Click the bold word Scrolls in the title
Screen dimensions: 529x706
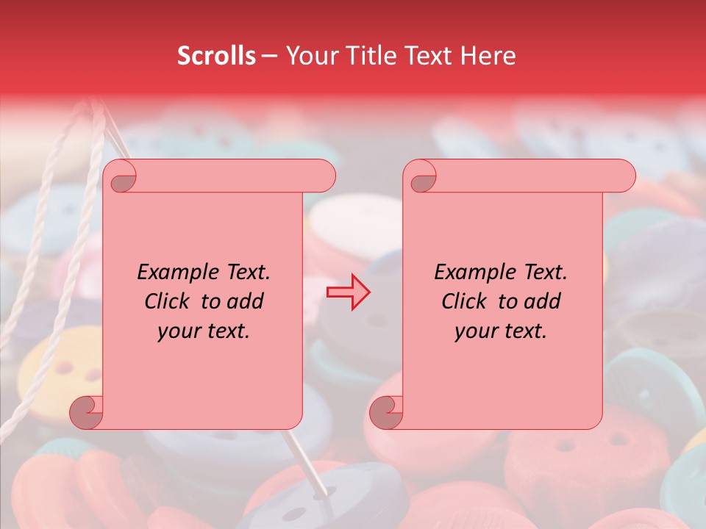[216, 56]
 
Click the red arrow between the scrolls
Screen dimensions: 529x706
[349, 292]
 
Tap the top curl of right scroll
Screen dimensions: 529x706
[421, 177]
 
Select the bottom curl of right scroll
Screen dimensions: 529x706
[388, 412]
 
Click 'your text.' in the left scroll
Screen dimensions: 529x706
[204, 331]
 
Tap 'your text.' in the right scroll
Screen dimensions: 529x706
[501, 331]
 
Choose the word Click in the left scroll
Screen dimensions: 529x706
[168, 302]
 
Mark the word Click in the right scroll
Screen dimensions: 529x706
[466, 302]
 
